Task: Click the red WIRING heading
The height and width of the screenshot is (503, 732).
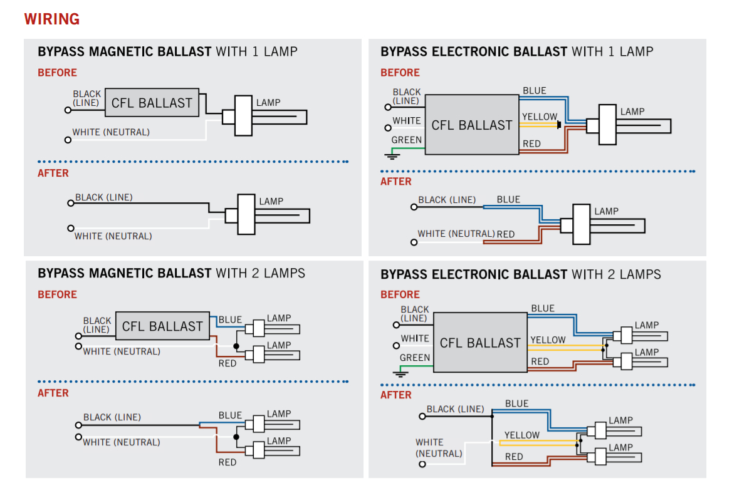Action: tap(52, 19)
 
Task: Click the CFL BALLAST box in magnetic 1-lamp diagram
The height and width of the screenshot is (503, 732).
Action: tap(152, 103)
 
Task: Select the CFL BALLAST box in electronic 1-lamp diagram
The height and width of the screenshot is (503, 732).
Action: tap(472, 125)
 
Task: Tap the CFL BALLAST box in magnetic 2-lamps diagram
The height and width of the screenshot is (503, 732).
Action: tap(162, 326)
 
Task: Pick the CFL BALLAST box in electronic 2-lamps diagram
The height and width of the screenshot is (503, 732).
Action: tap(480, 343)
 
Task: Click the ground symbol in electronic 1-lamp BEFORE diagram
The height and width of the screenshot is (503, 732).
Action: tap(393, 155)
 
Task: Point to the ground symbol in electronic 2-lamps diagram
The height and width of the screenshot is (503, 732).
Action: tap(401, 373)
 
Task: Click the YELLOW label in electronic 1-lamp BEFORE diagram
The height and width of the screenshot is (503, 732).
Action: tap(539, 117)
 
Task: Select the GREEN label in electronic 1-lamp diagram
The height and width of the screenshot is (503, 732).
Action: tap(406, 140)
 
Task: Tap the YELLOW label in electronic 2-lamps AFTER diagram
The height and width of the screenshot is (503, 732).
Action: tap(521, 435)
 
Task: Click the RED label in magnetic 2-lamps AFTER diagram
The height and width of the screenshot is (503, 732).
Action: tap(227, 462)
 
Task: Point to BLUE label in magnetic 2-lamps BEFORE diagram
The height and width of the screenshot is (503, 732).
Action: tap(230, 319)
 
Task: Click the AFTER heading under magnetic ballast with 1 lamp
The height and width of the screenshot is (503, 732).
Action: tap(53, 173)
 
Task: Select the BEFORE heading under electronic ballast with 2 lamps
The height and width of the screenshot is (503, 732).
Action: tap(400, 294)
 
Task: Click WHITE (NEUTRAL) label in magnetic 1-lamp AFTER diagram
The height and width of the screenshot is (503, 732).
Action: tap(113, 236)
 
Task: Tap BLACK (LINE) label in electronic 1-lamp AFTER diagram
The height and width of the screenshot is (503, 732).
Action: tap(447, 200)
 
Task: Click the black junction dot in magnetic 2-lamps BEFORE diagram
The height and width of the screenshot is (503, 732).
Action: tap(236, 346)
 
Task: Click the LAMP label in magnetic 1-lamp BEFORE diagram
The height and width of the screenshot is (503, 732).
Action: tap(268, 103)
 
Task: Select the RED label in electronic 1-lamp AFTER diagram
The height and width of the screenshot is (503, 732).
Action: tap(506, 234)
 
